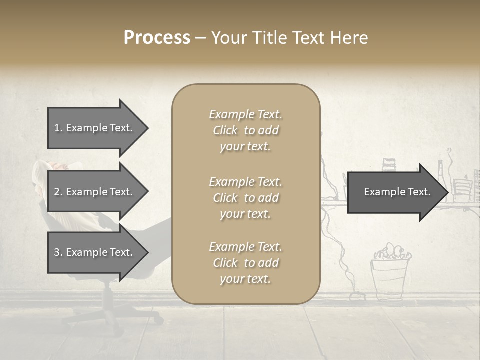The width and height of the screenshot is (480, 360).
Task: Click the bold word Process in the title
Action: pyautogui.click(x=157, y=38)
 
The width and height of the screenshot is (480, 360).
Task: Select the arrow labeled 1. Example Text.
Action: pyautogui.click(x=93, y=128)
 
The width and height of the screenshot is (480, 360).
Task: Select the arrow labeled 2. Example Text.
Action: pyautogui.click(x=93, y=192)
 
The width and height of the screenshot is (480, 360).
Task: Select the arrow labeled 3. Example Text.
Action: pyautogui.click(x=93, y=252)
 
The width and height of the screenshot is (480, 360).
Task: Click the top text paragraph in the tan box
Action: pyautogui.click(x=245, y=130)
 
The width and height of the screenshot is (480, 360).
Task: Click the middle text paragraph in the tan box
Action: pyautogui.click(x=245, y=198)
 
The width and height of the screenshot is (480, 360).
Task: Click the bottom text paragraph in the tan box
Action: pyautogui.click(x=245, y=263)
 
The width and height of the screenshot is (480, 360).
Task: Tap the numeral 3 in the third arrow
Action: pyautogui.click(x=56, y=252)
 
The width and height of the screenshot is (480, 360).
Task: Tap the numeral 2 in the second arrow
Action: pyautogui.click(x=56, y=192)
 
